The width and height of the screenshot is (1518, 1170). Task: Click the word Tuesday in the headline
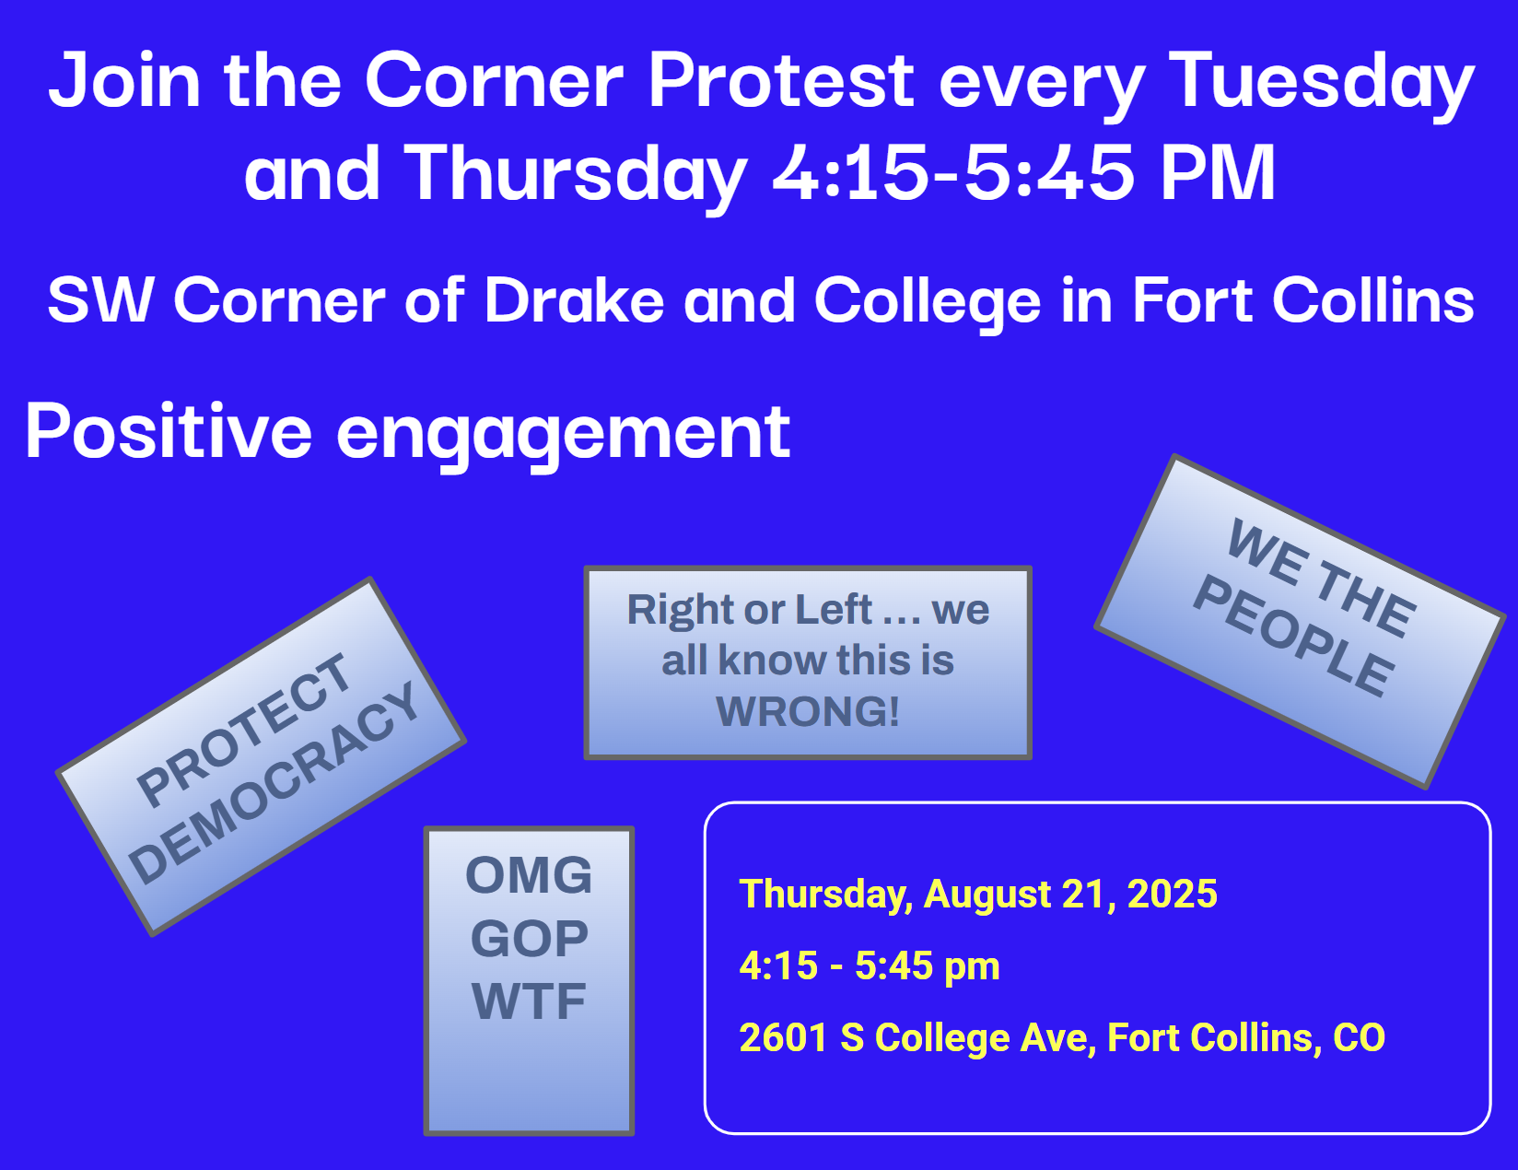pos(1321,82)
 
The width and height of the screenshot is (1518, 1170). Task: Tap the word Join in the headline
pos(124,79)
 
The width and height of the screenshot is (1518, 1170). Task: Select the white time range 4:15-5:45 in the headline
pos(953,172)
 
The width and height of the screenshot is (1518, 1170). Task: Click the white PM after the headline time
pos(1219,172)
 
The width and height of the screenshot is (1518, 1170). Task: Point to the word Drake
pos(574,300)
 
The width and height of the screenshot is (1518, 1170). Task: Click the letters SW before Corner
pos(100,300)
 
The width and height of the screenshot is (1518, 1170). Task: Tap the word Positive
pos(169,432)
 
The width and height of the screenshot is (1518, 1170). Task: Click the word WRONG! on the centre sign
pos(808,711)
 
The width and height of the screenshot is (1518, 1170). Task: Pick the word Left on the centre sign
pos(834,609)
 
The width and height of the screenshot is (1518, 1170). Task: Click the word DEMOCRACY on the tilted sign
pos(274,781)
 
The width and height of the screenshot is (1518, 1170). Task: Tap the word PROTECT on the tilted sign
pos(243,730)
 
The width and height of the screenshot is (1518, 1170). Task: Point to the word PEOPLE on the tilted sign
pos(1294,636)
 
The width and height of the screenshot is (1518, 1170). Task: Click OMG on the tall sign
pos(529,875)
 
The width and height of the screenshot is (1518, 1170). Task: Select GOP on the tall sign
pos(530,938)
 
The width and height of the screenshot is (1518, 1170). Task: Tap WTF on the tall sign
pos(529,1001)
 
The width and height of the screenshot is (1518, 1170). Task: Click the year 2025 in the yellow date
pos(1173,894)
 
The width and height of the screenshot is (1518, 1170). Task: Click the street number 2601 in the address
pos(783,1037)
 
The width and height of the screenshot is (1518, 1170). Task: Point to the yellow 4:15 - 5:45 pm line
pos(870,966)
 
